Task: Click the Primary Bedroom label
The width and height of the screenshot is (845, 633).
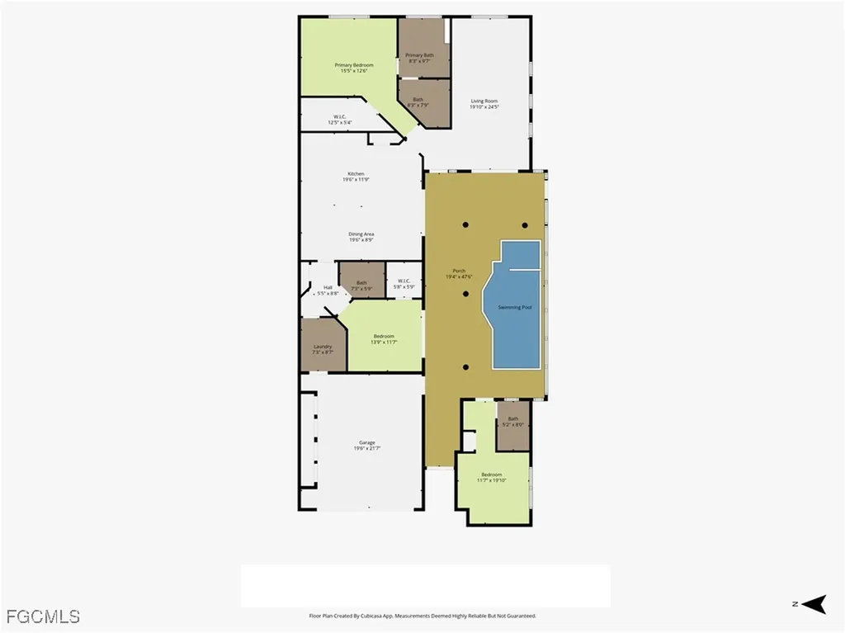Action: [x=354, y=68]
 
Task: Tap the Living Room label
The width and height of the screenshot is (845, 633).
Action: [x=484, y=104]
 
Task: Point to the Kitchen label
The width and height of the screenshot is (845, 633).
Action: [x=356, y=177]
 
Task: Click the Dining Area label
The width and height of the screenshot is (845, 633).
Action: [x=361, y=237]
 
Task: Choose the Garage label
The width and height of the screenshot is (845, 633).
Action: [x=366, y=446]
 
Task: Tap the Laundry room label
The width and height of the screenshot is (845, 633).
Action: [x=322, y=349]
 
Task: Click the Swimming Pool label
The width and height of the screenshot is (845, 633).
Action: [x=515, y=307]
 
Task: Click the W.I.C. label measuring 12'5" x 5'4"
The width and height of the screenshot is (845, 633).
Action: [x=339, y=120]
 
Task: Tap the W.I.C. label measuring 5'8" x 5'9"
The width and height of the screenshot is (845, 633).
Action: [x=404, y=283]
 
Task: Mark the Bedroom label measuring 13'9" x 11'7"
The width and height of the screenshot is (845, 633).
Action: [x=384, y=339]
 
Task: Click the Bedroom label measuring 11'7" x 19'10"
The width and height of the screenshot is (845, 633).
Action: [x=492, y=477]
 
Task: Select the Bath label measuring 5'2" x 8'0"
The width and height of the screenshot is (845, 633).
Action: [x=513, y=422]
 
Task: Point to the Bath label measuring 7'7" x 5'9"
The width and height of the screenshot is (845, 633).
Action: [x=361, y=286]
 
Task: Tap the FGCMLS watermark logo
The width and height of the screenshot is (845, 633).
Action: [x=43, y=616]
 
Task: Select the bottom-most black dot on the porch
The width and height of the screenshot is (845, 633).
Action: [x=465, y=367]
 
